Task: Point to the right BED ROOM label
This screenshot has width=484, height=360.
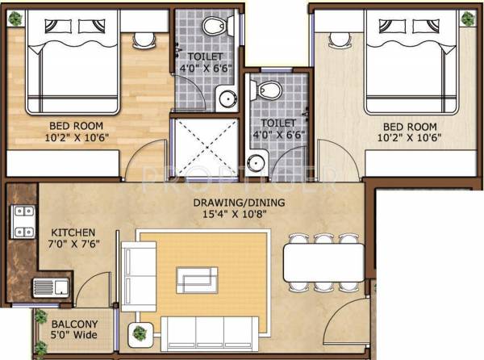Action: pyautogui.click(x=409, y=127)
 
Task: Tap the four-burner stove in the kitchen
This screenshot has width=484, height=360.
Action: pyautogui.click(x=23, y=222)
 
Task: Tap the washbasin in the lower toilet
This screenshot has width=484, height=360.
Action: pyautogui.click(x=257, y=161)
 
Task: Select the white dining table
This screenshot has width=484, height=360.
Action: pyautogui.click(x=322, y=261)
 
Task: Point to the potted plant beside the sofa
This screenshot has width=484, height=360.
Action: pyautogui.click(x=141, y=331)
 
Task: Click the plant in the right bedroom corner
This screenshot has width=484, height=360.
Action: pyautogui.click(x=467, y=17)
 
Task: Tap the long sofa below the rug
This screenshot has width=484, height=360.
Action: pyautogui.click(x=209, y=333)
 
